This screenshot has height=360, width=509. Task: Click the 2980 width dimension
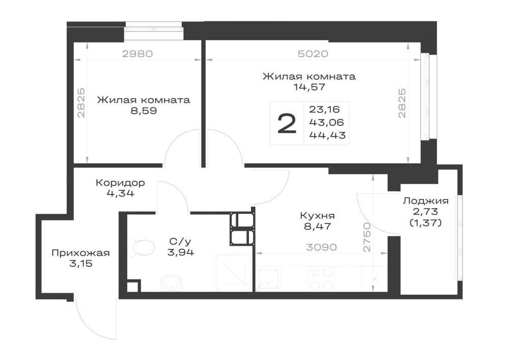[137, 53]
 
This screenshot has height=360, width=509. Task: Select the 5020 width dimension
[313, 53]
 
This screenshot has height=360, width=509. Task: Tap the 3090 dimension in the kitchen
[321, 247]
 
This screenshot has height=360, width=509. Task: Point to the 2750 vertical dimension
[367, 237]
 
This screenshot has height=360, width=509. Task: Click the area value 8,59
[144, 110]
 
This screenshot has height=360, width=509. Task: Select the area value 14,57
[309, 87]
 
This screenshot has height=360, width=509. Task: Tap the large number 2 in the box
[287, 123]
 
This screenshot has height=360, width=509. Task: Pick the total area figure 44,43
[327, 135]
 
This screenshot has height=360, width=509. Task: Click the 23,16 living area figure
[324, 109]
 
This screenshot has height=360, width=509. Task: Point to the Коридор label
[120, 183]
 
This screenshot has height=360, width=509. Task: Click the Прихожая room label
[80, 253]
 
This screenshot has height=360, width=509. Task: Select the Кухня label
[318, 215]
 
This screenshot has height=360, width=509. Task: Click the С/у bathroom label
[181, 241]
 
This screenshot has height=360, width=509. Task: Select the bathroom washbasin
[172, 284]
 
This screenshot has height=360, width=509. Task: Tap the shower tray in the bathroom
[233, 272]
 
